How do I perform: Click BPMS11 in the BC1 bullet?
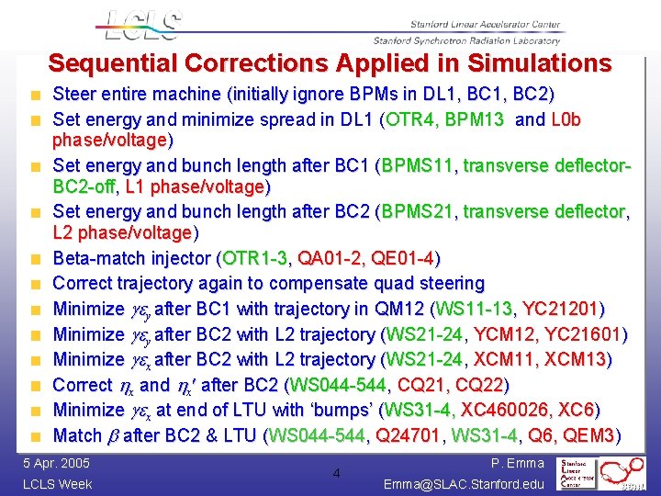click(x=417, y=166)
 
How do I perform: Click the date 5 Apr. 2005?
click(x=56, y=463)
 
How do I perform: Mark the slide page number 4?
click(x=336, y=474)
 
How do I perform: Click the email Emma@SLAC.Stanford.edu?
click(x=463, y=483)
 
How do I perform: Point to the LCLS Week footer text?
click(x=57, y=483)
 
